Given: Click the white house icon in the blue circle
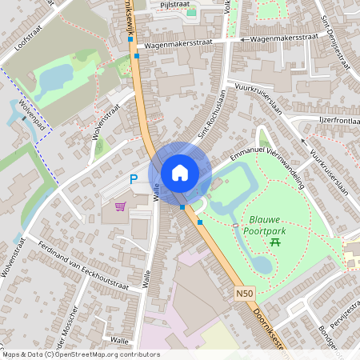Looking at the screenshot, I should tap(180, 172).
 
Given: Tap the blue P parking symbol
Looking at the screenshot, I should tap(134, 181).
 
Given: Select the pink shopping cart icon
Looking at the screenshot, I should tap(120, 206).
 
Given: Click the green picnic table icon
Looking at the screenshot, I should tap(274, 240).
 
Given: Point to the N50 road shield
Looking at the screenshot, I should tap(245, 294).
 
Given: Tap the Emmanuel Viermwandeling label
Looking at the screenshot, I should tap(267, 161).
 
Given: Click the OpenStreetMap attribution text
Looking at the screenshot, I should tap(80, 354).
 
